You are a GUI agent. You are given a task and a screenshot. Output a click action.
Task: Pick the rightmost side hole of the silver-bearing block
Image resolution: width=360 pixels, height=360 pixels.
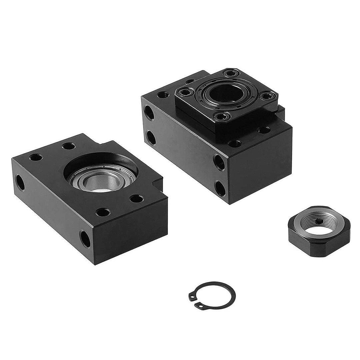pos(85,239)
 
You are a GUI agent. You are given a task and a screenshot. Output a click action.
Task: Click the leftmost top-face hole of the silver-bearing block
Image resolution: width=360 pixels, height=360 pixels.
pos(36,157)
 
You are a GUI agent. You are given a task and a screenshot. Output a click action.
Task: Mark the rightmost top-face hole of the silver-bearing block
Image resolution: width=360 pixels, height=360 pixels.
pos(137,199)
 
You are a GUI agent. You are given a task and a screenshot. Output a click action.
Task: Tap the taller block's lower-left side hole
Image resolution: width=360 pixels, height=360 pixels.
pos(151,138)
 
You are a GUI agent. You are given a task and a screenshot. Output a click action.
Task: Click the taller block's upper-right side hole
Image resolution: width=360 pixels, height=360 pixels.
pos(219,162)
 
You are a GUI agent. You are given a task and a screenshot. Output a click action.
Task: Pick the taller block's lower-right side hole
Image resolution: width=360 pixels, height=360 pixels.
pos(220,188)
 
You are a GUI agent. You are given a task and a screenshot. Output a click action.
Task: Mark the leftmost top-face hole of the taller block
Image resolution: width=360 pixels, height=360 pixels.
pos(162,95)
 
